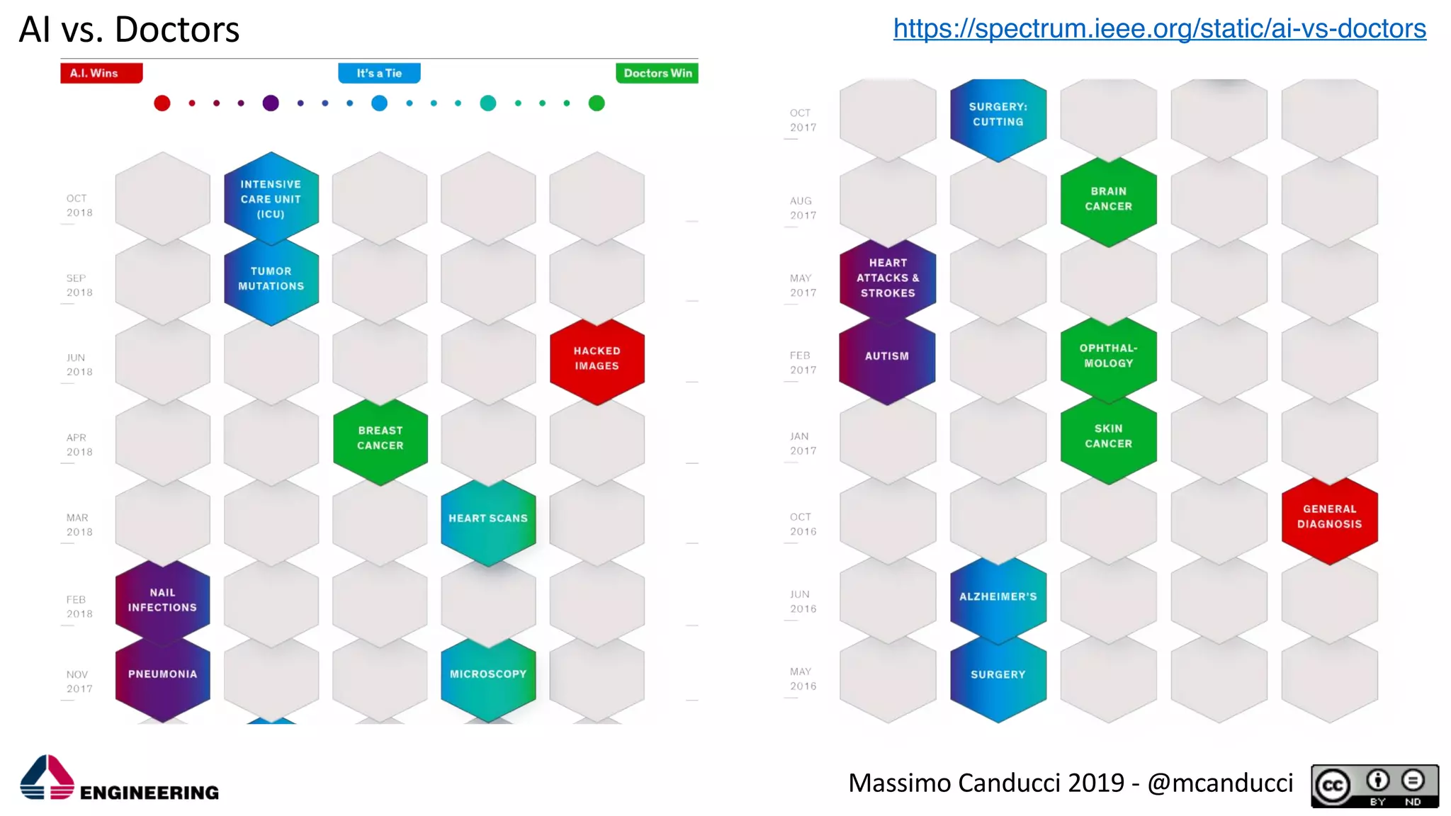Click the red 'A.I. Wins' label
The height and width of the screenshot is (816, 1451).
(x=101, y=73)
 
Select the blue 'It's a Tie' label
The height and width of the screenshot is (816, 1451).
(x=379, y=73)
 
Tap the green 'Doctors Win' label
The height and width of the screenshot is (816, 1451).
(x=657, y=73)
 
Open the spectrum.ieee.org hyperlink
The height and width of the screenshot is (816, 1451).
(x=1159, y=28)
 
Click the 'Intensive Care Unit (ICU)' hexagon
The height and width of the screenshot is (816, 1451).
(x=271, y=199)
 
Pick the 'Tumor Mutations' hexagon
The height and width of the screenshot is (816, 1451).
(x=271, y=279)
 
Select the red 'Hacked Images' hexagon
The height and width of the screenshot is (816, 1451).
(x=597, y=359)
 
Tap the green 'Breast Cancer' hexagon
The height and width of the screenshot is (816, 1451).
(x=380, y=438)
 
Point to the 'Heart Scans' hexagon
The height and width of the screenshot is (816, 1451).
(x=488, y=519)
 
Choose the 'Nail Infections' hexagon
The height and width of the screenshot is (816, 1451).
(x=162, y=601)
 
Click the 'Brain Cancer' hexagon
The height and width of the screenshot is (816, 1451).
(x=1108, y=200)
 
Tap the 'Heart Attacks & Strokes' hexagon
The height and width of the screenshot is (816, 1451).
(x=888, y=278)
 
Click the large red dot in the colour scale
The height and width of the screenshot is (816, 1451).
(x=162, y=103)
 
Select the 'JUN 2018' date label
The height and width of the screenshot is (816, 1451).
(x=79, y=365)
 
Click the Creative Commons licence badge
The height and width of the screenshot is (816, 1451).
(x=1374, y=786)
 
